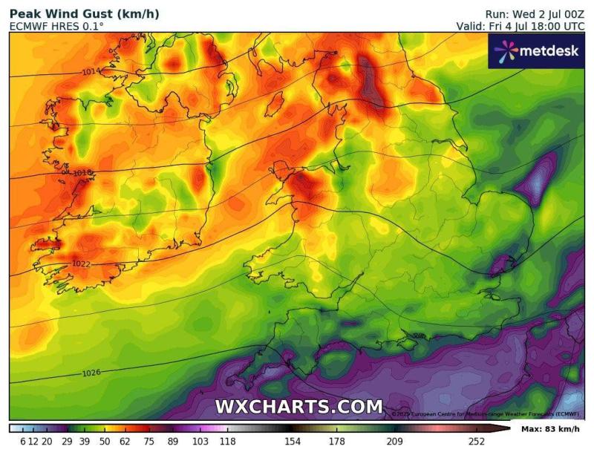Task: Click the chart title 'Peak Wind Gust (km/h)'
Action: tap(84, 14)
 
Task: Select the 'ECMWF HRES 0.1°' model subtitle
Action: tap(56, 27)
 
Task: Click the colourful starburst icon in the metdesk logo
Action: tap(505, 50)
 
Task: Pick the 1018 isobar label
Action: tap(82, 172)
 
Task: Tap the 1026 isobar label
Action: tap(91, 372)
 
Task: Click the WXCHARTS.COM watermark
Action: tap(298, 407)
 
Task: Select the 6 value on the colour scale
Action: tap(23, 442)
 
